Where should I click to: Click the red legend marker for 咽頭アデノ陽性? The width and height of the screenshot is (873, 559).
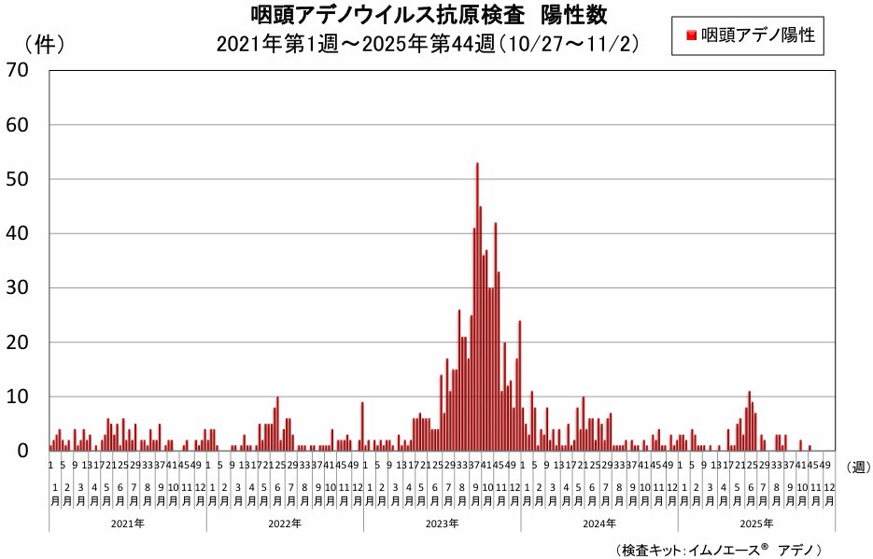[690, 35]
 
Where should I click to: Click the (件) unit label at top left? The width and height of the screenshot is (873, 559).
[43, 44]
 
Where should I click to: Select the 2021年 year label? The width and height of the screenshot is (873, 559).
[127, 524]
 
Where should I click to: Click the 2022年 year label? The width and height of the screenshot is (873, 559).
[285, 524]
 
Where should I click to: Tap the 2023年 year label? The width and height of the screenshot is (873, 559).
[442, 524]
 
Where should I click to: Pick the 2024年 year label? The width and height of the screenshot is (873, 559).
[598, 524]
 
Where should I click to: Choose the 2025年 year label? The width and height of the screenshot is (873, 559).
[756, 524]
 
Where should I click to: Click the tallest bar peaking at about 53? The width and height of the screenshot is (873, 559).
[477, 308]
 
